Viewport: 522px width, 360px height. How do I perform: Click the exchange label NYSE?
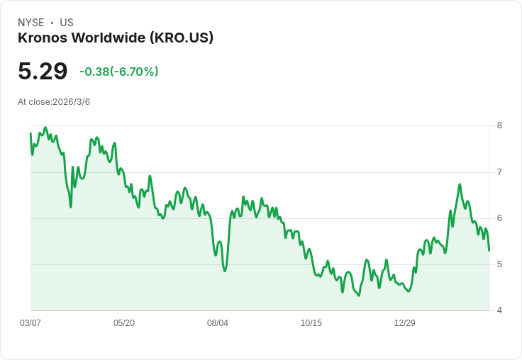click(x=30, y=23)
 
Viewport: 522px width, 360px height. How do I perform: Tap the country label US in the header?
click(x=67, y=23)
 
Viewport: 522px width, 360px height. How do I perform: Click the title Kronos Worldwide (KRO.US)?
click(x=116, y=38)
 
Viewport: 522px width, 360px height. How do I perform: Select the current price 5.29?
click(x=43, y=71)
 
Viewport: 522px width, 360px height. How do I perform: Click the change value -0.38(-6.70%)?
click(x=119, y=72)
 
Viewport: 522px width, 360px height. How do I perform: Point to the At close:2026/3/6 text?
click(x=54, y=102)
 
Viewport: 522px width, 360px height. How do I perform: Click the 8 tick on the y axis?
click(x=499, y=125)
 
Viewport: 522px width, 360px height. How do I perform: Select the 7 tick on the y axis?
click(x=499, y=172)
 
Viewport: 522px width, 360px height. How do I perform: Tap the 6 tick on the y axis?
click(x=499, y=218)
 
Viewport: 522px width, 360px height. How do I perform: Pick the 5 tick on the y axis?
click(x=499, y=264)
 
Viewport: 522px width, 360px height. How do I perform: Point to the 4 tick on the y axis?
click(x=499, y=310)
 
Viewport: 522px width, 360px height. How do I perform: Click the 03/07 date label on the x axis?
click(x=30, y=323)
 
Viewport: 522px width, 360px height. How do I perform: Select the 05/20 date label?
click(x=124, y=323)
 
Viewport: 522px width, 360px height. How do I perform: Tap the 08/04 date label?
click(x=218, y=323)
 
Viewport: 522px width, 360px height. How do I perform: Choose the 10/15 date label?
click(x=311, y=323)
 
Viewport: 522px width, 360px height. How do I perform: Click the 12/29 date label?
click(x=405, y=323)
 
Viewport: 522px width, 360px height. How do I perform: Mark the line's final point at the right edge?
click(x=489, y=250)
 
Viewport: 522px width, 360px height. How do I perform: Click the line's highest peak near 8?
click(x=45, y=128)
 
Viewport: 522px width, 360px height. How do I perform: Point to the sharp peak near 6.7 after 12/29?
click(x=460, y=184)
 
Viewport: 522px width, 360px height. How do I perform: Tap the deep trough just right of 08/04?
click(x=225, y=271)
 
